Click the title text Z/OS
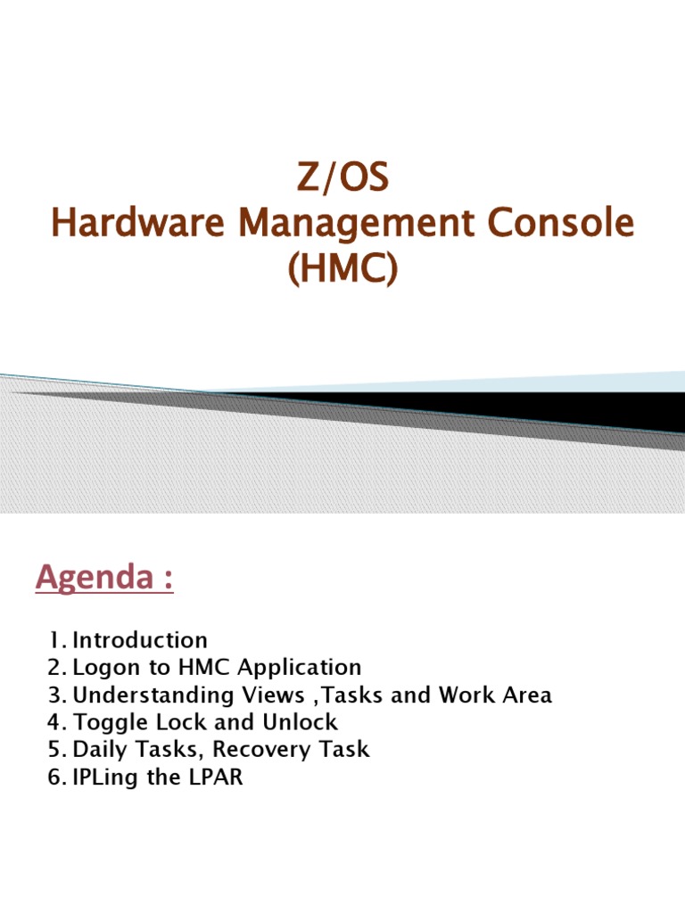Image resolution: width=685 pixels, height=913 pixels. click(x=342, y=178)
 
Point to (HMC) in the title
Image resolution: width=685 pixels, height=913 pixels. click(x=342, y=268)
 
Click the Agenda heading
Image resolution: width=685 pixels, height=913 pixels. click(x=103, y=580)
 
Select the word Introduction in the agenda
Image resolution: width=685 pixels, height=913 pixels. click(x=140, y=640)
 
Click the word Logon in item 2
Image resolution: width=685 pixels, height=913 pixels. click(x=101, y=667)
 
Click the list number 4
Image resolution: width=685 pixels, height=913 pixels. click(x=55, y=722)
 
